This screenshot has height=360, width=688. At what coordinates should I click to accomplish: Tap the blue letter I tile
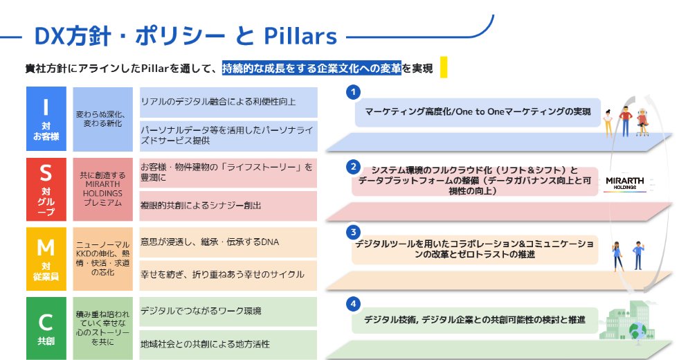point(46,118)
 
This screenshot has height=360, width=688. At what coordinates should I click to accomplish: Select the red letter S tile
point(46,189)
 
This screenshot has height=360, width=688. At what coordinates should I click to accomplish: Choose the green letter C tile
point(46,328)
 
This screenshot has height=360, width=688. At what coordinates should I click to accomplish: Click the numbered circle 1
point(353,91)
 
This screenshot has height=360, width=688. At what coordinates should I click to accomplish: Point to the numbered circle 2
point(353,166)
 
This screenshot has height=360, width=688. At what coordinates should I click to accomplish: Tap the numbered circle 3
point(353,232)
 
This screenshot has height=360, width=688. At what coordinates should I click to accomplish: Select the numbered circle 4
point(353,303)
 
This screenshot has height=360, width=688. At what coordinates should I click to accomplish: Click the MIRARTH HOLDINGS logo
point(624,183)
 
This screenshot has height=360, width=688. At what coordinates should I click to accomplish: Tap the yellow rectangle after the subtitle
point(444,67)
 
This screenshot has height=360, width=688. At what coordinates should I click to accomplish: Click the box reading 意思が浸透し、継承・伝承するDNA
point(228,242)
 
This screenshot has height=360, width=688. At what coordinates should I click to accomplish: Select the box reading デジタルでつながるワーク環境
point(228,312)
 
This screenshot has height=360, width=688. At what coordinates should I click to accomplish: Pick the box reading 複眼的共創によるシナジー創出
point(228,206)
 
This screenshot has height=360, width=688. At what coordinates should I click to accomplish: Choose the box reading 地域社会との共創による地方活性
point(228,344)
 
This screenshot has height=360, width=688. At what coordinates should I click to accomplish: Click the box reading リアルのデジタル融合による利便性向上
point(228,102)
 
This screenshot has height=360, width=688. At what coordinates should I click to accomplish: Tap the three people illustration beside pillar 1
point(626,122)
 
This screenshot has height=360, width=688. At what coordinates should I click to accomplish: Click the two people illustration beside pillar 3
point(628,255)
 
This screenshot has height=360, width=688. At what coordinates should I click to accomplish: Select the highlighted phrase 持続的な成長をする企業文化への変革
point(311,68)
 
